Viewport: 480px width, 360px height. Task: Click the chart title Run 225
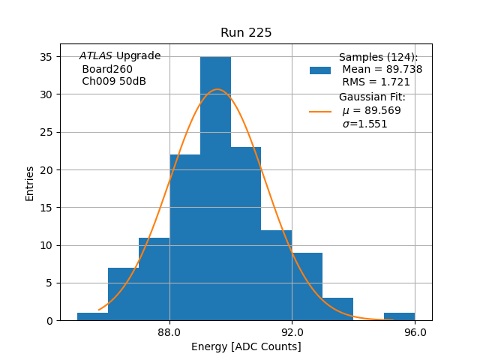coord(246,33)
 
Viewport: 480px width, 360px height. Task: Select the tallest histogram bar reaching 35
coord(215,188)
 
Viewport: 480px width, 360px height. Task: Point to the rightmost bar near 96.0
coord(399,316)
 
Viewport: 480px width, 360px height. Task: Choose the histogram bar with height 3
coord(337,309)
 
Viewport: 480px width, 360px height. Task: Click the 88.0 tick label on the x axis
coord(169,332)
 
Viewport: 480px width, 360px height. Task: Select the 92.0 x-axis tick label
coord(292,332)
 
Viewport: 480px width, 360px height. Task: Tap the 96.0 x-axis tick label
coord(415,332)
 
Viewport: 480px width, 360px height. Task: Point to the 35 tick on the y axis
coord(46,57)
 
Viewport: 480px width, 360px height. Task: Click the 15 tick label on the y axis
coord(46,208)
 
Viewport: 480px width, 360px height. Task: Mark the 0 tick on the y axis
coord(49,320)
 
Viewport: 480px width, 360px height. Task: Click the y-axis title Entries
coord(30,183)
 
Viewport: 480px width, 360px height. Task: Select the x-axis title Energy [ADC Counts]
coord(246,346)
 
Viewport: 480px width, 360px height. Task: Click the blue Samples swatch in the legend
coord(320,70)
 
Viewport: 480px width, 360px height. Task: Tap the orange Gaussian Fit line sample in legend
coord(320,111)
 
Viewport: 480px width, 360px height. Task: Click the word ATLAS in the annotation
coord(95,56)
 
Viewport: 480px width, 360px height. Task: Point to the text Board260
coord(107,69)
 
